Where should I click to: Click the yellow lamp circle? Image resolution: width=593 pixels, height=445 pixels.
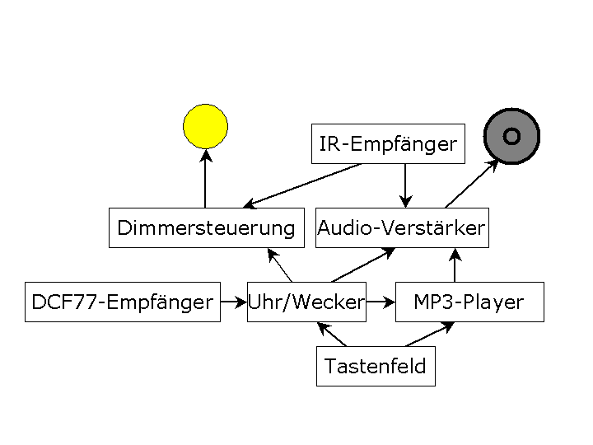pyautogui.click(x=205, y=126)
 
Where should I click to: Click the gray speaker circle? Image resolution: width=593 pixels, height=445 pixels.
pyautogui.click(x=511, y=135)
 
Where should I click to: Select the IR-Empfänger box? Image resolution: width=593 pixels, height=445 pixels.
pyautogui.click(x=388, y=144)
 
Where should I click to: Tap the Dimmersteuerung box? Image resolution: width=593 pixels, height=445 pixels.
pyautogui.click(x=206, y=228)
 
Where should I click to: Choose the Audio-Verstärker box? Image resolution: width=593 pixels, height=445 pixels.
pyautogui.click(x=402, y=228)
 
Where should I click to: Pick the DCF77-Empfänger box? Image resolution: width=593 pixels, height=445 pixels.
pyautogui.click(x=123, y=302)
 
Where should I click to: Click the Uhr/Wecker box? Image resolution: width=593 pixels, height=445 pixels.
pyautogui.click(x=306, y=302)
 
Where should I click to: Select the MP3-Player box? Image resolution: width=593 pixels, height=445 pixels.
pyautogui.click(x=469, y=302)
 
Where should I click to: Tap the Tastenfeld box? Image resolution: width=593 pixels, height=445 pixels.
pyautogui.click(x=376, y=367)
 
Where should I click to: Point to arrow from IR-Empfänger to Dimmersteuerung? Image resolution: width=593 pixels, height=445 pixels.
pyautogui.click(x=303, y=185)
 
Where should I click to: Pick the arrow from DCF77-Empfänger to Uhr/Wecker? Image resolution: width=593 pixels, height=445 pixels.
pyautogui.click(x=233, y=302)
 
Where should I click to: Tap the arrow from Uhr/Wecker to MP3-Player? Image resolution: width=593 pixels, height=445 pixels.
pyautogui.click(x=380, y=302)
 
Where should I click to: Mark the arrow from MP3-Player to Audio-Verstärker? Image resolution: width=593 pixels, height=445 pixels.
pyautogui.click(x=454, y=265)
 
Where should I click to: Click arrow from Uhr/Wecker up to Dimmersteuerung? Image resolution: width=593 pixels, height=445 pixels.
pyautogui.click(x=280, y=265)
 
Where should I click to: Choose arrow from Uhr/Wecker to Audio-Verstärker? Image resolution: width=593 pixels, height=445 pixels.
pyautogui.click(x=362, y=265)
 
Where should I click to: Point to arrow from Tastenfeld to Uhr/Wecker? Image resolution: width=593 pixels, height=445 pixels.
pyautogui.click(x=333, y=335)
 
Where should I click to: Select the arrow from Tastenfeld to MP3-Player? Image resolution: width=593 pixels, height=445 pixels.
pyautogui.click(x=428, y=335)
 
